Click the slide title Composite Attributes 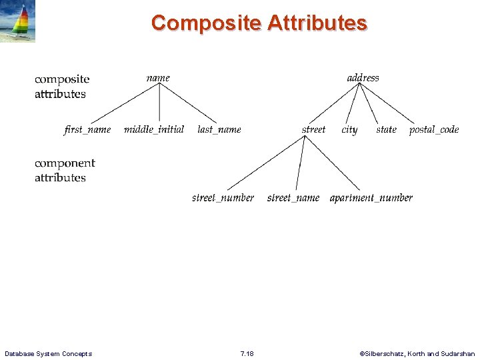pyautogui.click(x=259, y=23)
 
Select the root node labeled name pyautogui.click(x=158, y=78)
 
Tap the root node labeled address pyautogui.click(x=363, y=78)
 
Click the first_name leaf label pyautogui.click(x=87, y=129)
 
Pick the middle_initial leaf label pyautogui.click(x=154, y=129)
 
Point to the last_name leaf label pyautogui.click(x=219, y=129)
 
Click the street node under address pyautogui.click(x=313, y=129)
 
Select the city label pyautogui.click(x=349, y=130)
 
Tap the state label pyautogui.click(x=386, y=129)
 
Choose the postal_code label pyautogui.click(x=434, y=129)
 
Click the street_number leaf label pyautogui.click(x=223, y=198)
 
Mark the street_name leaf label pyautogui.click(x=293, y=198)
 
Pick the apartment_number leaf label pyautogui.click(x=371, y=198)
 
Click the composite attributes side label pyautogui.click(x=61, y=87)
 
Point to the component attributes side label pyautogui.click(x=65, y=170)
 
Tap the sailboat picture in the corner pyautogui.click(x=18, y=21)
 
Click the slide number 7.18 pyautogui.click(x=246, y=353)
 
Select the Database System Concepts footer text pyautogui.click(x=48, y=353)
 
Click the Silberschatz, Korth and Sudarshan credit pyautogui.click(x=417, y=353)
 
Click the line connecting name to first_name pyautogui.click(x=123, y=103)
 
